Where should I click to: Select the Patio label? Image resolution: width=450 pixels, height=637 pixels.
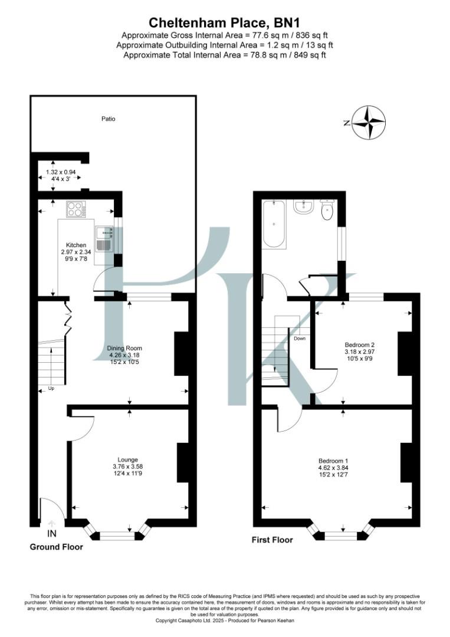coord(107,119)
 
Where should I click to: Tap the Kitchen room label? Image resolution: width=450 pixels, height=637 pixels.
coord(76,245)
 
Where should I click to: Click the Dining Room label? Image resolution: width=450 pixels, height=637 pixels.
coord(124,348)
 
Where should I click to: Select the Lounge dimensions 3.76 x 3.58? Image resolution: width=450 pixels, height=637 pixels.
coord(127,467)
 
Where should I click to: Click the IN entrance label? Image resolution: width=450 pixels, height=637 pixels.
coord(52,534)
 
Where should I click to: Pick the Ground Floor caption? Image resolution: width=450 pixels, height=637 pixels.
coord(57,547)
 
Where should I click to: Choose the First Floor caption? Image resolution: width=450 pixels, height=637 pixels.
coord(272,539)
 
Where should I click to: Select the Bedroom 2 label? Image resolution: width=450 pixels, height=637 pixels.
coord(360,344)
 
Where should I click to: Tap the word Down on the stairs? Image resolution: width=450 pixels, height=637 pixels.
coord(300,339)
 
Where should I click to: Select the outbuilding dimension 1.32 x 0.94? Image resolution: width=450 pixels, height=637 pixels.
coord(61,172)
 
